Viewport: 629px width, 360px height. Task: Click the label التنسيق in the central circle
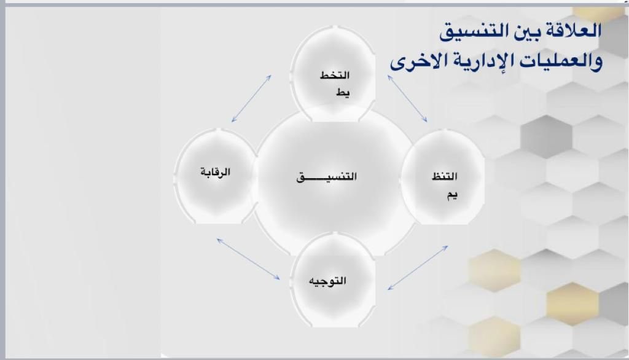(x=326, y=176)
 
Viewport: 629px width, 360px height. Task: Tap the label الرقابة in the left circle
(x=216, y=172)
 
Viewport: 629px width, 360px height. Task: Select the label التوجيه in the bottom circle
(x=327, y=281)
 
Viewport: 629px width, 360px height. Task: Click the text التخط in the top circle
(x=335, y=75)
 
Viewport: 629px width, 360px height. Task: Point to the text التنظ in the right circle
(x=445, y=176)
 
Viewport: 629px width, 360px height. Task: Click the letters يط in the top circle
(x=343, y=93)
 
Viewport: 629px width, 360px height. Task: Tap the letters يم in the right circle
(x=452, y=195)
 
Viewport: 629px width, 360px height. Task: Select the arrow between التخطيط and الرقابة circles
(x=251, y=98)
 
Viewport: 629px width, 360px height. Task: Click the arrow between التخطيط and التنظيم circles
(x=407, y=98)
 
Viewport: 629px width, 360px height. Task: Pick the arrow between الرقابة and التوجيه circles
(x=248, y=259)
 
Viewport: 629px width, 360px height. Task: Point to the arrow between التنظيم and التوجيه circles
(x=418, y=268)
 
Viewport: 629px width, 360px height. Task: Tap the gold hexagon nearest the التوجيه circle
(x=494, y=270)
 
